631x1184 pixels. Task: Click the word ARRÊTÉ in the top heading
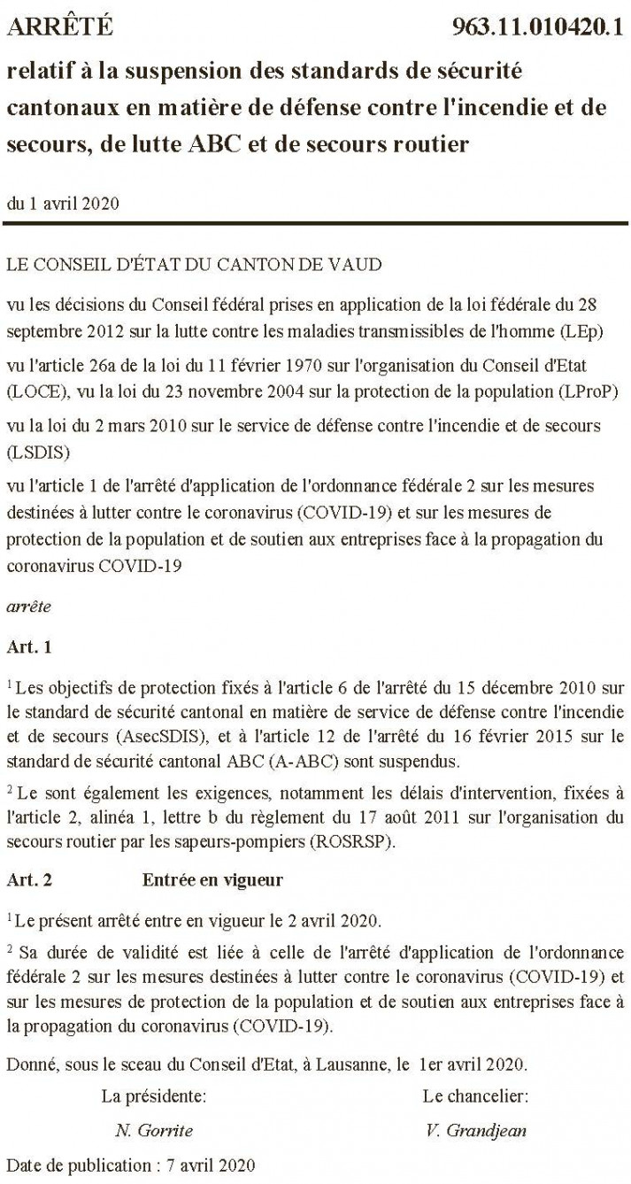tap(60, 27)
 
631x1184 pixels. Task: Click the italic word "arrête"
tap(28, 607)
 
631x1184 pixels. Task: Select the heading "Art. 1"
tap(29, 646)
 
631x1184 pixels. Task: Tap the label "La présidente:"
tap(154, 1095)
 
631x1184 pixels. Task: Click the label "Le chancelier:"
tap(475, 1095)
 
